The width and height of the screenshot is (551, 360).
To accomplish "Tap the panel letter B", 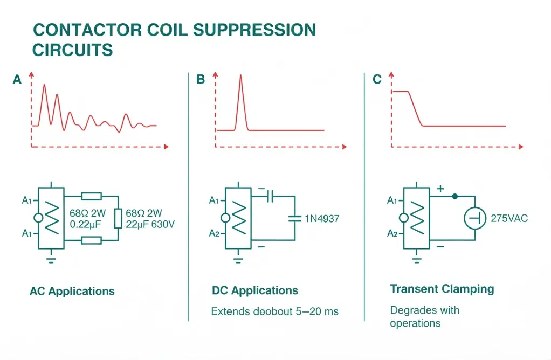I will point(201,80).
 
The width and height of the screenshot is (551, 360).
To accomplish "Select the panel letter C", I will point(377,80).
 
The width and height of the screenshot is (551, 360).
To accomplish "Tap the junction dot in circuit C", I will point(454,196).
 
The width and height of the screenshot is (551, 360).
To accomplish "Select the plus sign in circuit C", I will point(440,189).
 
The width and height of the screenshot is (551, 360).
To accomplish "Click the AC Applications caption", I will point(72,291).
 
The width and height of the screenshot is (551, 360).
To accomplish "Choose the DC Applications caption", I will point(255,290).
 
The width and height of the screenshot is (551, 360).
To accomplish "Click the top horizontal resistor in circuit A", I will point(91,196).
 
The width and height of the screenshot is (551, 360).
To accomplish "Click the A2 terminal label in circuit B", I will point(214,233).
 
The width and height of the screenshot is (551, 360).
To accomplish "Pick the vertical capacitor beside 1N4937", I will point(295,218).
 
